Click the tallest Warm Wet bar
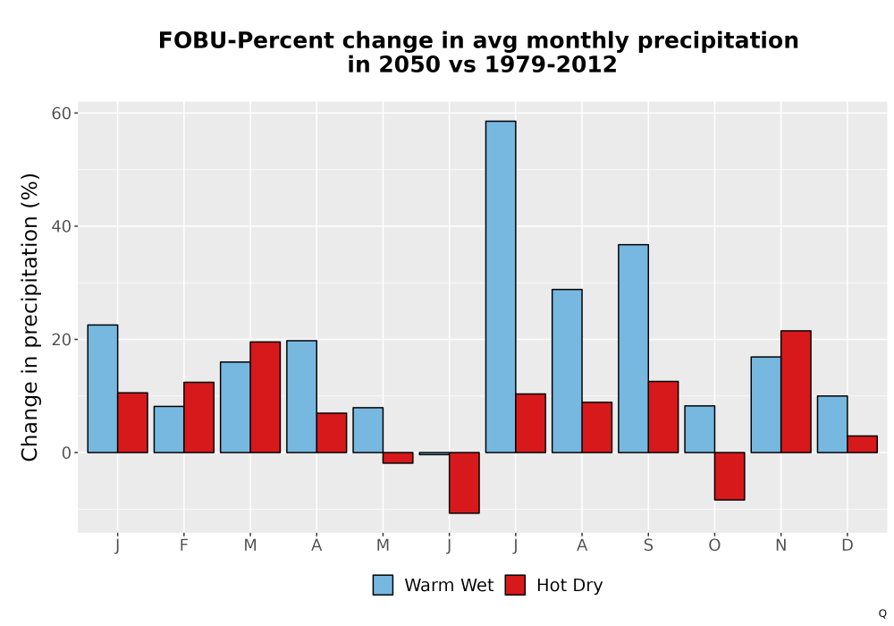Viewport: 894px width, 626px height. click(501, 287)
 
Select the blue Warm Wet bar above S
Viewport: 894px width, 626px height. click(634, 349)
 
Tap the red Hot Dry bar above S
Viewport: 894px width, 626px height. click(663, 417)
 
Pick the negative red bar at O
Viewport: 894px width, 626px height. click(730, 476)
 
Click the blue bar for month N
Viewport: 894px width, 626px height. click(766, 405)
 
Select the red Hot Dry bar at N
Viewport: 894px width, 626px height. click(796, 392)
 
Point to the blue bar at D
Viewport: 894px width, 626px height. click(832, 424)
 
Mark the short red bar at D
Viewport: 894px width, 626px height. click(862, 444)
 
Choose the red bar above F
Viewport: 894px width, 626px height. click(199, 418)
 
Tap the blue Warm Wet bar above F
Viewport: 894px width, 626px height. click(169, 429)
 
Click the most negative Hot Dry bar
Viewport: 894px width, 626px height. click(464, 483)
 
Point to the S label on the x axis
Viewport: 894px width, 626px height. click(648, 546)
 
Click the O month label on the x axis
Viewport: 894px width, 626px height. click(714, 546)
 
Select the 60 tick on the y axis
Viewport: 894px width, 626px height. click(62, 114)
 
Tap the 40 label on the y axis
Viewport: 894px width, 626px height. click(62, 226)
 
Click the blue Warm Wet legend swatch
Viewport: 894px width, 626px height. click(384, 585)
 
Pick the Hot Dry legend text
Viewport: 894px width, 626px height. click(569, 586)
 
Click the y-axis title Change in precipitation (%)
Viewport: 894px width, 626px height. click(30, 317)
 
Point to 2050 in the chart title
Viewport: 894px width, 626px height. click(409, 64)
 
